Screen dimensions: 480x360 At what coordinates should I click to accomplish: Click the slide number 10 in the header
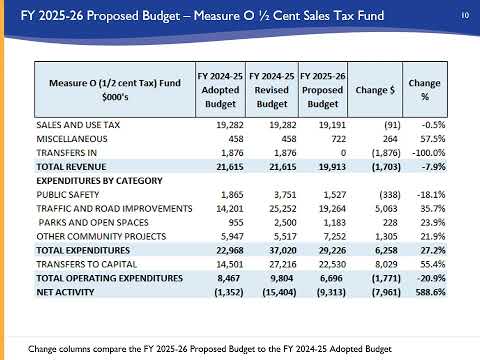tap(465, 15)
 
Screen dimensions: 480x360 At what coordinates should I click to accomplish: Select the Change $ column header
tap(375, 90)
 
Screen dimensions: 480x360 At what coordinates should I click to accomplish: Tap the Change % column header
tap(425, 90)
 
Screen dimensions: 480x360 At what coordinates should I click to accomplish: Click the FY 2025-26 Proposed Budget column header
tap(323, 90)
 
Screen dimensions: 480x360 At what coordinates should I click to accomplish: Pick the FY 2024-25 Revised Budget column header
tap(272, 90)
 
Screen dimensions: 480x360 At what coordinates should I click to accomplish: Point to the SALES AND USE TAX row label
tap(78, 125)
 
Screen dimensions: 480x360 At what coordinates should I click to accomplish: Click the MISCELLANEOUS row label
tap(72, 139)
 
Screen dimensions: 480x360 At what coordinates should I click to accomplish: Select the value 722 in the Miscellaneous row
tap(339, 139)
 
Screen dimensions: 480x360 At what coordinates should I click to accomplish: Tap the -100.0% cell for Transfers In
tap(429, 153)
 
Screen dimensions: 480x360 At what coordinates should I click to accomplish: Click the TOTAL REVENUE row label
tap(71, 167)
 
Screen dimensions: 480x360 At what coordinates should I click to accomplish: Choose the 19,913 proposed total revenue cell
tap(332, 167)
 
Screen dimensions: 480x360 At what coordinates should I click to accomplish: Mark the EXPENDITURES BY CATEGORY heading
tap(99, 181)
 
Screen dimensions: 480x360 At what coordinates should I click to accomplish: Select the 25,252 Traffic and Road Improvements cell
tap(283, 209)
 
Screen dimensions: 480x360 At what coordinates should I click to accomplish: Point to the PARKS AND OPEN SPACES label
tap(94, 223)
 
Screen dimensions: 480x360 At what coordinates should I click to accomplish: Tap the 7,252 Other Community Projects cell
tap(335, 237)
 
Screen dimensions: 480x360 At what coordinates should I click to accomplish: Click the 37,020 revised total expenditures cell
tap(283, 251)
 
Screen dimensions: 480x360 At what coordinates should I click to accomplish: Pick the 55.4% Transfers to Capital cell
tap(433, 264)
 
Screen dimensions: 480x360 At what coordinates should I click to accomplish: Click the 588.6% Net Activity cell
tap(431, 292)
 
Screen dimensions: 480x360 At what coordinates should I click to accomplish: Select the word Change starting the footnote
tap(42, 349)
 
